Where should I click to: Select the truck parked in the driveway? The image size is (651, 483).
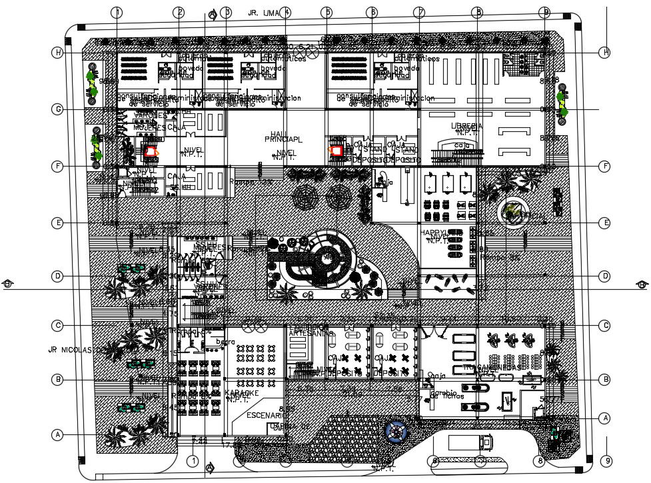click(x=470, y=442)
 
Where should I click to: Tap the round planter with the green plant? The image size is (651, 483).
click(x=512, y=213)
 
